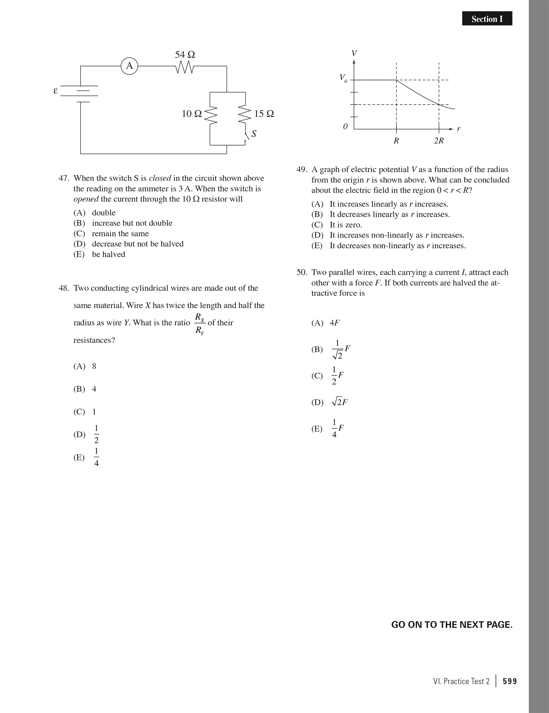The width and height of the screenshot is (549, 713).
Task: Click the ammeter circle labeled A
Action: coord(129,66)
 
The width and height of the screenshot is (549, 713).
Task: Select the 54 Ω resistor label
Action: coord(185,55)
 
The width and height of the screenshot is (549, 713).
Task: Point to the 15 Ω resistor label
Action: coord(264,114)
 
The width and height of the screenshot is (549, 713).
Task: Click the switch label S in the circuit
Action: coord(254,134)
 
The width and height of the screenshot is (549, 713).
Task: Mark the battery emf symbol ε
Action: coord(56,91)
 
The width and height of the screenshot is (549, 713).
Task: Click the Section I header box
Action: coord(487,19)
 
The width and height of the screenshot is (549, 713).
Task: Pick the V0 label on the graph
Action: coord(343,78)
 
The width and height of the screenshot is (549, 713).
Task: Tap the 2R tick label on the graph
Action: coord(439,141)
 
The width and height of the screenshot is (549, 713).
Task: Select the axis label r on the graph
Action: coord(459,129)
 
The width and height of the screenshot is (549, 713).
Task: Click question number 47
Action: coord(64,178)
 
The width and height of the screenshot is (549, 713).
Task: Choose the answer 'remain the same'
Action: coord(120,233)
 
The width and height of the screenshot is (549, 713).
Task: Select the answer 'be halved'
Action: coord(108,254)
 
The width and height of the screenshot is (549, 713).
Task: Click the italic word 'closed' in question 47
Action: coord(160,178)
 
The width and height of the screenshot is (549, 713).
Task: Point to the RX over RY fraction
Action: coord(199,324)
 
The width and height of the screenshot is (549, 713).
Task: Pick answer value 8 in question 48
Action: coord(94,366)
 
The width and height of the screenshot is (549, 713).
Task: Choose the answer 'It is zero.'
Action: coord(346,225)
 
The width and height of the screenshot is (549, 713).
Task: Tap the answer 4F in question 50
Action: coord(335,323)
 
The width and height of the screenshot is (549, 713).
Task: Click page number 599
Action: coord(510,681)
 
